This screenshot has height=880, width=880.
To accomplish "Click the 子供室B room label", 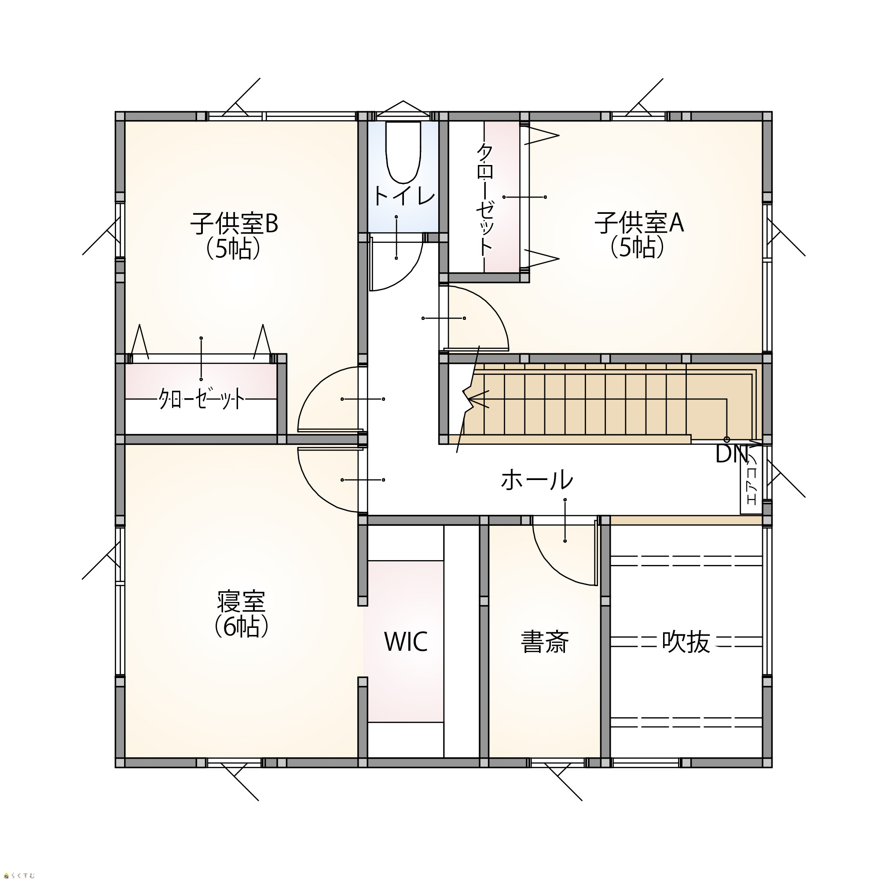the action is click(234, 224).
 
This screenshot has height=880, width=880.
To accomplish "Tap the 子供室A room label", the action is click(638, 223).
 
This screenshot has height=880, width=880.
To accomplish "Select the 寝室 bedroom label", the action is click(241, 601).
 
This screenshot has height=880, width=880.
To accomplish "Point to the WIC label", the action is click(406, 642).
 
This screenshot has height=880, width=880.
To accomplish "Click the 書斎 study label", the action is click(545, 642).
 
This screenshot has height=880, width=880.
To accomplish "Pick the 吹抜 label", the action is click(686, 642).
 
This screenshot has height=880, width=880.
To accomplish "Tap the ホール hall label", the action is click(536, 480).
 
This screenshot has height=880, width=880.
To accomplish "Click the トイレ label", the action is click(404, 196).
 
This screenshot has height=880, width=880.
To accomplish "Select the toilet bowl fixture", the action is click(403, 152).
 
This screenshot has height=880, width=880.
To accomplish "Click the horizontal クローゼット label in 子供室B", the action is click(202, 400).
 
